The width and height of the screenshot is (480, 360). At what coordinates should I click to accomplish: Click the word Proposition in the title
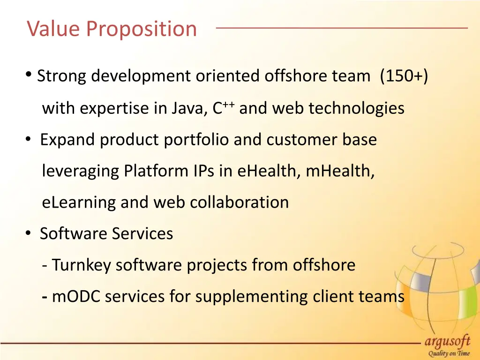click(142, 30)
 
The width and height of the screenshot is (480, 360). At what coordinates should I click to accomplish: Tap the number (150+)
click(404, 76)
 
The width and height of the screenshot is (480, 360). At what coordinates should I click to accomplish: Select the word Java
click(187, 109)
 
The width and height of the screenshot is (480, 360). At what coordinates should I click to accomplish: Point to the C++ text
click(223, 108)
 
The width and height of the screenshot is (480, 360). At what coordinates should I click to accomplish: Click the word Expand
click(67, 140)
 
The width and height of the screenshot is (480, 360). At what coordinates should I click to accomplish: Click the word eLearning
click(79, 202)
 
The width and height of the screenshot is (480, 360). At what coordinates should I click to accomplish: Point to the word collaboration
click(239, 202)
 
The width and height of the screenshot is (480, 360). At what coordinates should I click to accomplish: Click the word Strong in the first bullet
click(62, 76)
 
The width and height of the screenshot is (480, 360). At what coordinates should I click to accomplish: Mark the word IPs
click(204, 171)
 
